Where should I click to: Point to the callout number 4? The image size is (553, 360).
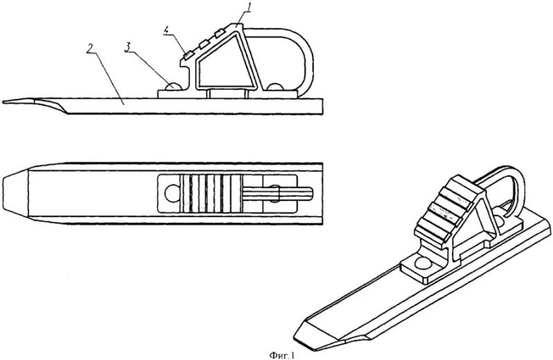pyautogui.click(x=166, y=30)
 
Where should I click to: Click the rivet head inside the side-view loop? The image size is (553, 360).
pyautogui.click(x=276, y=87)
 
